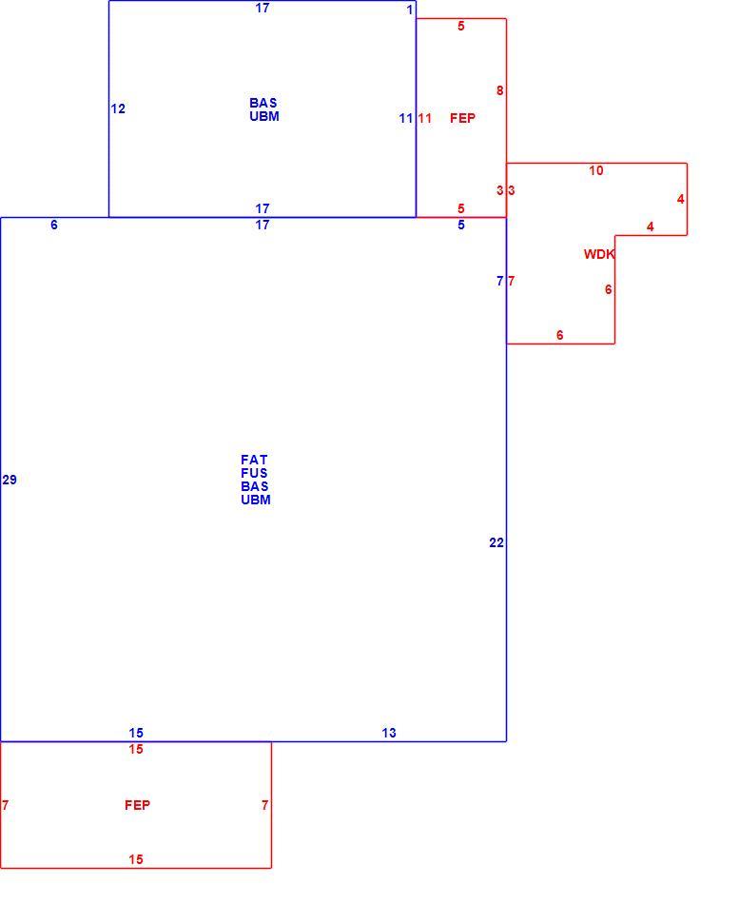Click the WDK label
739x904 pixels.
[x=599, y=254]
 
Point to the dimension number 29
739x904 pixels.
[x=10, y=480]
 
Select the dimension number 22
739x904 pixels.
[x=496, y=542]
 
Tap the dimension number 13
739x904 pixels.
[x=389, y=733]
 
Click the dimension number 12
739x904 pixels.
[x=118, y=109]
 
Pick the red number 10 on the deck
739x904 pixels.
[x=596, y=170]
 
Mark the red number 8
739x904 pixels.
[x=499, y=90]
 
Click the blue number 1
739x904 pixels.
[x=410, y=10]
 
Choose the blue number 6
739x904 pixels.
[x=54, y=225]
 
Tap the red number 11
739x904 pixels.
[x=425, y=118]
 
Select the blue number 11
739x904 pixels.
[x=406, y=118]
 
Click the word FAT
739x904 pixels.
[x=254, y=460]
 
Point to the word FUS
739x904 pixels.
[x=254, y=473]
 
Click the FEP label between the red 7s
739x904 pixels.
[x=137, y=805]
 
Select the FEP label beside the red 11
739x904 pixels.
[x=463, y=118]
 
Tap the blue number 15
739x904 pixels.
[x=136, y=733]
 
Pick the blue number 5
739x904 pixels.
[x=461, y=225]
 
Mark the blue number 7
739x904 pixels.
[x=499, y=281]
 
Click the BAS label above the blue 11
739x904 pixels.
[x=263, y=103]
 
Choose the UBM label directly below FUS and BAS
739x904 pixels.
[x=256, y=500]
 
